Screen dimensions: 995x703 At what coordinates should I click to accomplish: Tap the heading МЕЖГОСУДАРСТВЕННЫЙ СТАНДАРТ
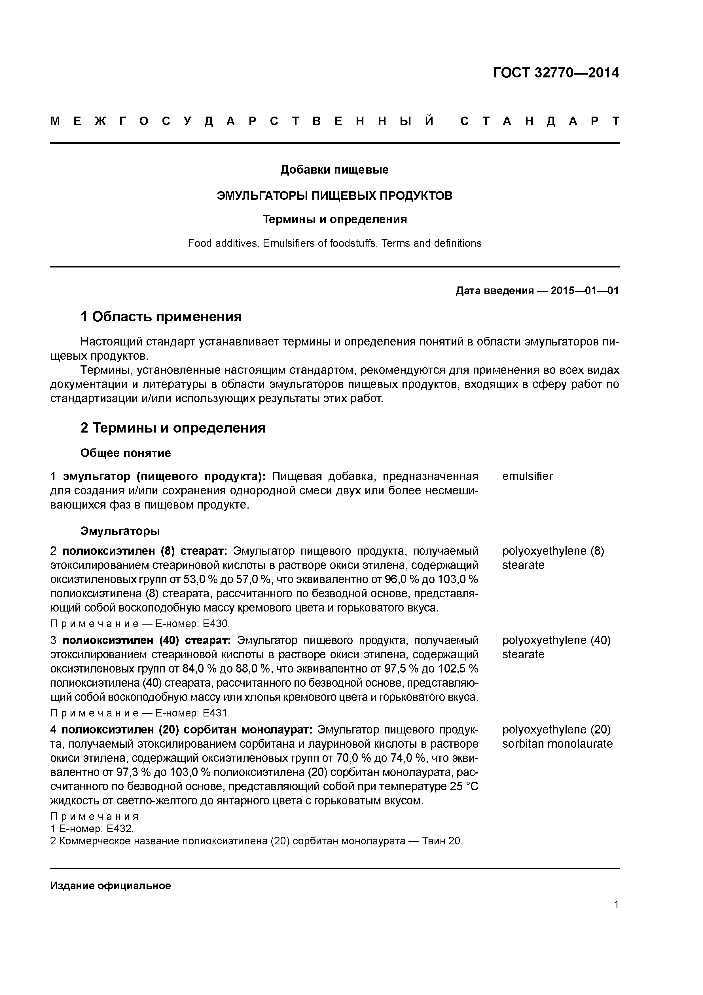pyautogui.click(x=334, y=121)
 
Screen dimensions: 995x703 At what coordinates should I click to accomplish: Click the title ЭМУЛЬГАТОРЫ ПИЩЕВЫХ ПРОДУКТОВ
pyautogui.click(x=334, y=196)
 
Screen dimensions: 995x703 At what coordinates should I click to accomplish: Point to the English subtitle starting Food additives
pyautogui.click(x=334, y=244)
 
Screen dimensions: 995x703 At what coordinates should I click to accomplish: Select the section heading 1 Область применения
pyautogui.click(x=161, y=317)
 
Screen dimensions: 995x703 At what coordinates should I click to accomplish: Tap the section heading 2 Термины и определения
pyautogui.click(x=173, y=428)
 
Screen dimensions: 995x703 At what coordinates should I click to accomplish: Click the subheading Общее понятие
pyautogui.click(x=126, y=453)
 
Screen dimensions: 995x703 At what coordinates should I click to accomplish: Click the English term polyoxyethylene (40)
pyautogui.click(x=556, y=640)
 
